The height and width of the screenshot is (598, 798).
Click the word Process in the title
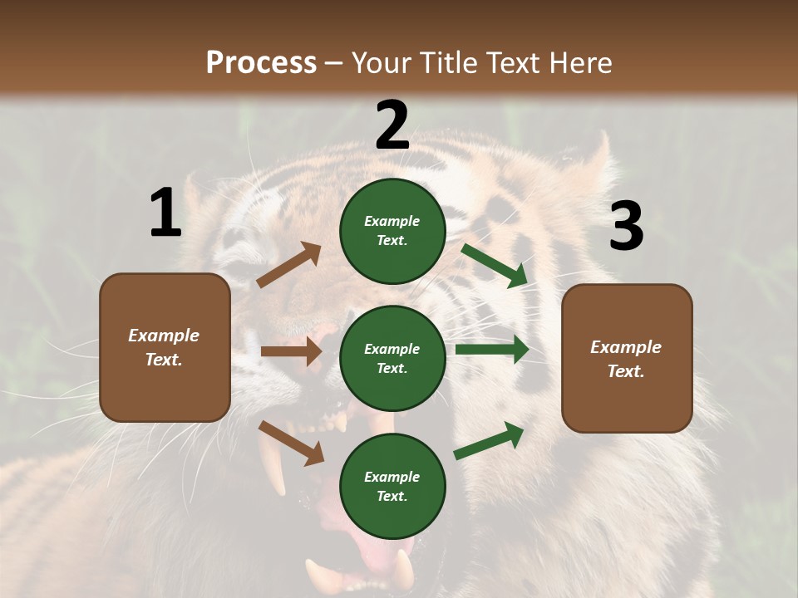(x=261, y=62)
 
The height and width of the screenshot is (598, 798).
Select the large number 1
(x=165, y=213)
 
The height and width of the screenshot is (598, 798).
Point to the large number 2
(x=392, y=125)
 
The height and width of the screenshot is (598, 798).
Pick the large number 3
(x=626, y=227)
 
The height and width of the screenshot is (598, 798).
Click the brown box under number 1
(x=165, y=347)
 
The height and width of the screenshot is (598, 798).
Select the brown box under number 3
(x=627, y=359)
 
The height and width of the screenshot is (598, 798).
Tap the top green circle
(x=392, y=231)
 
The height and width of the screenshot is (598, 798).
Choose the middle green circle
(x=392, y=358)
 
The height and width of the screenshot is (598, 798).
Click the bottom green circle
(x=392, y=486)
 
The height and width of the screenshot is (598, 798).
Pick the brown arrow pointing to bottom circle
(x=291, y=442)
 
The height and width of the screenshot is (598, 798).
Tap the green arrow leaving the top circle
(x=494, y=266)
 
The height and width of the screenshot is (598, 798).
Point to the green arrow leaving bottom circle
(x=489, y=441)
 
